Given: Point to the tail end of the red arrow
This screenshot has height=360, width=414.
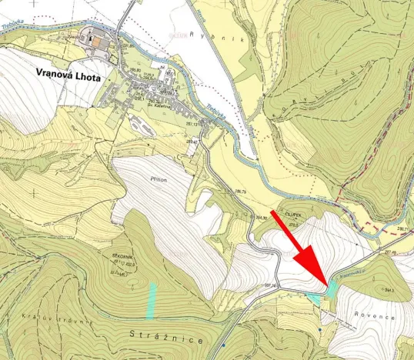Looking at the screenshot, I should (273, 209).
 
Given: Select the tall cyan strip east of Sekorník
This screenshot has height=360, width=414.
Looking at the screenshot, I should (152, 301).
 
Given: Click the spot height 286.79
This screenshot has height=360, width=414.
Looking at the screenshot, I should (241, 190).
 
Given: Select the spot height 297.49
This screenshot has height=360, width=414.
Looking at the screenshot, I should (391, 252).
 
